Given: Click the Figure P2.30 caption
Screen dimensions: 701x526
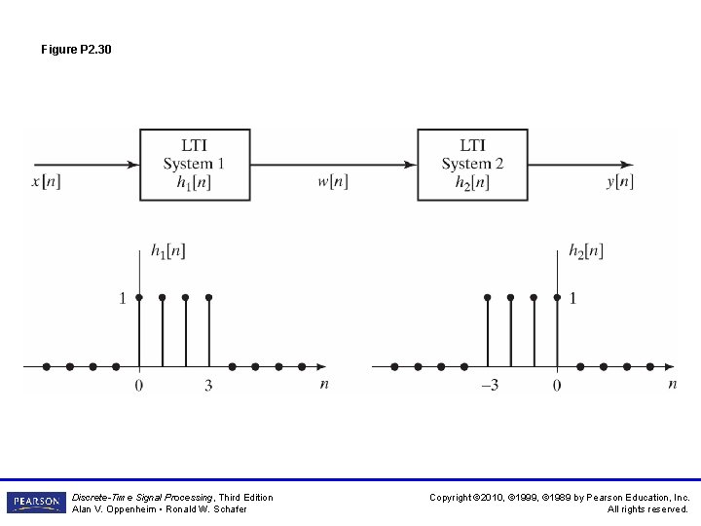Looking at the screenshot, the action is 76,49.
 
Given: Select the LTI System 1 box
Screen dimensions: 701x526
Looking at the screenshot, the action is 194,164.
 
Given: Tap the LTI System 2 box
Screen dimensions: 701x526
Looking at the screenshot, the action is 472,164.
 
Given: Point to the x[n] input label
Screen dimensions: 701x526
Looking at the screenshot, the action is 46,182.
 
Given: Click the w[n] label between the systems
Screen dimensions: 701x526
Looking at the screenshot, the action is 332,182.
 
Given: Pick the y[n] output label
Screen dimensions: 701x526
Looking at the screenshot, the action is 619,182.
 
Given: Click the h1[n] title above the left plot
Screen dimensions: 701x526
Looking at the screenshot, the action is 169,251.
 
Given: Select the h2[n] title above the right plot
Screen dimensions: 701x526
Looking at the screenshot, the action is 586,251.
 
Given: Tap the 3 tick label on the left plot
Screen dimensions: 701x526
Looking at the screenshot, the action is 208,386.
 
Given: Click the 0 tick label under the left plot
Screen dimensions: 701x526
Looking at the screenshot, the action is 138,386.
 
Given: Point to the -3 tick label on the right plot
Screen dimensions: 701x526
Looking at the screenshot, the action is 489,386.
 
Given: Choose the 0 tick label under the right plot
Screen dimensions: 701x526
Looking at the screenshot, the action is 557,386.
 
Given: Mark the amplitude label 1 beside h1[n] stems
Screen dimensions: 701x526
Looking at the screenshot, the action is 123,298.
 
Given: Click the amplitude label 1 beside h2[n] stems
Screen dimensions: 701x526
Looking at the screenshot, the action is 572,298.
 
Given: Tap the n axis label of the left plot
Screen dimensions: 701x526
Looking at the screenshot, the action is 324,384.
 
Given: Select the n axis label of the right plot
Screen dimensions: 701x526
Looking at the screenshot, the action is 672,384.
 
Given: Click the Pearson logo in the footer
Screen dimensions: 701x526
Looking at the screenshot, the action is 36,503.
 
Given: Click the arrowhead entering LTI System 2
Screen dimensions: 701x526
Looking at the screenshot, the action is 411,165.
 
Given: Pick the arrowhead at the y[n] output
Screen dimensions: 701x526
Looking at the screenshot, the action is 627,165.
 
